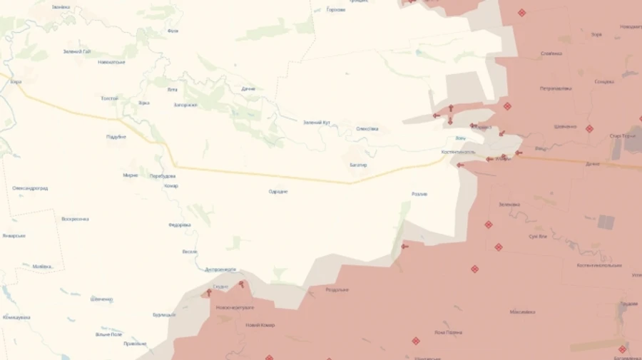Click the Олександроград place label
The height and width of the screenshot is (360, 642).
point(30,188)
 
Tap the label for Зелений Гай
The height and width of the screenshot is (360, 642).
point(76,51)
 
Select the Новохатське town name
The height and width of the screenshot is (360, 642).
point(112,62)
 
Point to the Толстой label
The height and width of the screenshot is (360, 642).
point(109,98)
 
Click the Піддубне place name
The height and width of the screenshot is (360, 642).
point(116,136)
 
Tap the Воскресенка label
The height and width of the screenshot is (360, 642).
point(75,219)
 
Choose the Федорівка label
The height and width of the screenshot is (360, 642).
point(179,225)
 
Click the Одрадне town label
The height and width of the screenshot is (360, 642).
point(278,191)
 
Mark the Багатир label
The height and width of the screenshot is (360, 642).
point(358,165)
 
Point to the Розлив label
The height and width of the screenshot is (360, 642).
point(419,194)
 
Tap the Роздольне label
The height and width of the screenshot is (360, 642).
point(337,289)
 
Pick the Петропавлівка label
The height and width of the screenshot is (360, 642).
point(556,89)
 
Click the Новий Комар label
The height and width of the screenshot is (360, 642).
point(260,325)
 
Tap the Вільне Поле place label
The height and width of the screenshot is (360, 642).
point(108,334)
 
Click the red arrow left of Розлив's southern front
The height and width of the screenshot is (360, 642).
point(404,247)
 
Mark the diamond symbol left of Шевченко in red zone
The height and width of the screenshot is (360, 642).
point(507,106)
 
